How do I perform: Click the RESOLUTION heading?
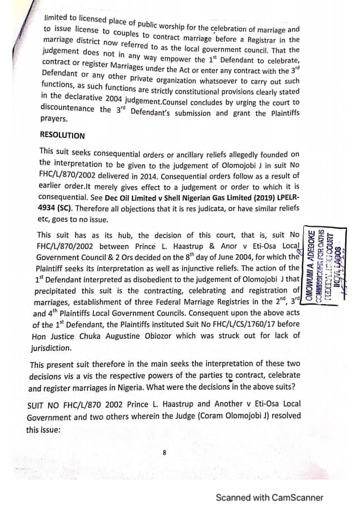click(62, 136)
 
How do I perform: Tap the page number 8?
click(164, 453)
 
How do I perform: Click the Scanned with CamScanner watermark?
click(269, 498)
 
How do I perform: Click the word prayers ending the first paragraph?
click(54, 119)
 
